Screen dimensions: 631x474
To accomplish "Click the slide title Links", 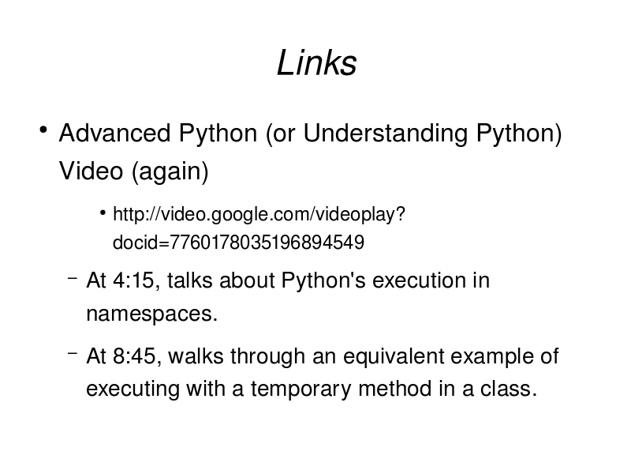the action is (317, 63).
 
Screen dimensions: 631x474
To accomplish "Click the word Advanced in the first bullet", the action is (114, 133).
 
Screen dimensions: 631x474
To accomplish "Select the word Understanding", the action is (386, 134).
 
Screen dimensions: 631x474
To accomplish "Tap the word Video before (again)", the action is (91, 171).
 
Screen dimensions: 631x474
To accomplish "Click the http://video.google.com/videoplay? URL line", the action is (259, 214).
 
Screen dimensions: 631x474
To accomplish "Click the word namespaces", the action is (151, 314).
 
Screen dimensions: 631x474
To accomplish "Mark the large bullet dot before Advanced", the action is (43, 130).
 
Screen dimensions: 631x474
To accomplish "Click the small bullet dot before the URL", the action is (103, 213).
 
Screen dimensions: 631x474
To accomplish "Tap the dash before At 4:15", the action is (73, 278).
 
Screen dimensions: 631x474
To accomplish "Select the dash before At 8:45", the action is (73, 353).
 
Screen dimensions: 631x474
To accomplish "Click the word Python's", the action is (323, 281).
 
